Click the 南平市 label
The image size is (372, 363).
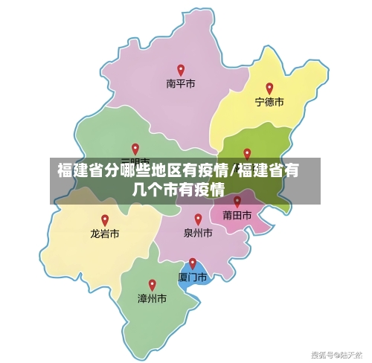pos(180,84)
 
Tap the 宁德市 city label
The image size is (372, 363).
pos(269,101)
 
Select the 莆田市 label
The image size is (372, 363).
pos(237,215)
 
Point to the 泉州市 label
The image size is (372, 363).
pos(198,233)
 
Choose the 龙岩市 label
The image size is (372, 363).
pos(105,233)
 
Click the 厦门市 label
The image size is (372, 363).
pos(193,277)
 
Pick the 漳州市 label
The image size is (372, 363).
pos(152,298)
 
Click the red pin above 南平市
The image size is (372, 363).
pos(180,70)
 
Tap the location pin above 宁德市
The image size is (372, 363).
pos(269,88)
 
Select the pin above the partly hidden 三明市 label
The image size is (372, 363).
pos(135,149)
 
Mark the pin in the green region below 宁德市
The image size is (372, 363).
pos(247,153)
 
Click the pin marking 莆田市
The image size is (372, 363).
pos(237,201)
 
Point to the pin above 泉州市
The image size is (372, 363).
pos(198,219)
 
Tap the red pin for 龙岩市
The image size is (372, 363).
pos(105,219)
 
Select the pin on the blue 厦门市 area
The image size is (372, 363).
pos(193,263)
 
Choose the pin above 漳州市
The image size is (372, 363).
pos(152,284)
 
